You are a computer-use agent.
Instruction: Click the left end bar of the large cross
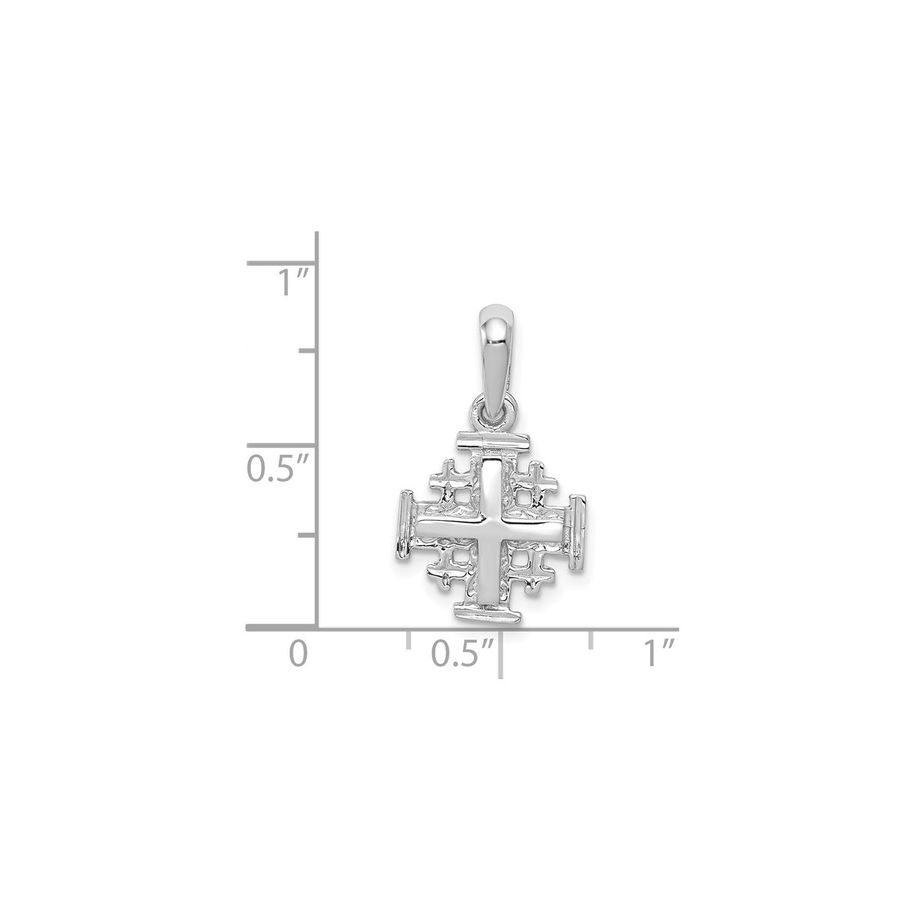(405, 531)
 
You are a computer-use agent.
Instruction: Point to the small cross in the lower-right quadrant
(532, 574)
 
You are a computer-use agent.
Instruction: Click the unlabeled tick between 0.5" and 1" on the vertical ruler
(308, 350)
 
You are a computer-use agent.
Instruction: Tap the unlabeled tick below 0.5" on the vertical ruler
(308, 535)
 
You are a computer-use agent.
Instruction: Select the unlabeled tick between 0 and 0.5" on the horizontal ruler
(408, 639)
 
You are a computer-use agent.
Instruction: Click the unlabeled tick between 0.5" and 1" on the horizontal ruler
(592, 639)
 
